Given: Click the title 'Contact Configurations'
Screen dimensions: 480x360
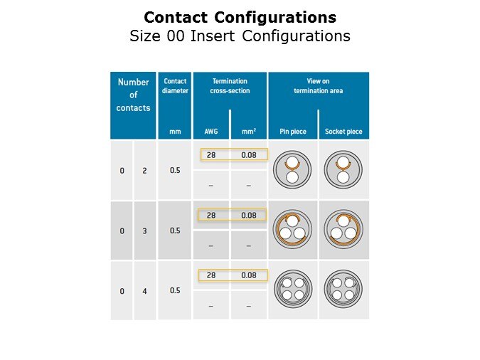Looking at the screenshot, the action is coord(240,17).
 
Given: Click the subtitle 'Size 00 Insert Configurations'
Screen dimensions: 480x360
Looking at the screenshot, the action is coord(240,36).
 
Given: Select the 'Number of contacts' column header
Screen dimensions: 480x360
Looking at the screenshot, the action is coord(133,95).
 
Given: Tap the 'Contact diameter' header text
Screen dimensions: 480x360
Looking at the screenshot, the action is coord(175,86).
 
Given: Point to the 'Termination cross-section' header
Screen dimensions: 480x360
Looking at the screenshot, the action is coord(230,86).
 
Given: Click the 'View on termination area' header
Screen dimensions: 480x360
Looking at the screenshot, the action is coord(319,86).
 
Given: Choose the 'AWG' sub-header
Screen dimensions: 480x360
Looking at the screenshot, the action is coord(211,132).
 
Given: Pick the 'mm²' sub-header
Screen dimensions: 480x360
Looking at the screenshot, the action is coord(249,132).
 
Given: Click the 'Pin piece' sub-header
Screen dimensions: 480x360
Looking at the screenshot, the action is coord(293,132).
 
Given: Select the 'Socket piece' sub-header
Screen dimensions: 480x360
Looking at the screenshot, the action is coord(343,132).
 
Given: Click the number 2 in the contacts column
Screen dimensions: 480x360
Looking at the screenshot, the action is coord(144,171).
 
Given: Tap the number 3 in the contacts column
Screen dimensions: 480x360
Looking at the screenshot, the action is coord(144,231).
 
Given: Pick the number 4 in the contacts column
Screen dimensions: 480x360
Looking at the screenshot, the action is coord(144,291).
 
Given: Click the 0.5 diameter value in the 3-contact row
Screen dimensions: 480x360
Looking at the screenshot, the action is coord(175,231).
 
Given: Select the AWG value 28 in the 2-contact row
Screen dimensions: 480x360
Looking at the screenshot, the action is coord(211,155).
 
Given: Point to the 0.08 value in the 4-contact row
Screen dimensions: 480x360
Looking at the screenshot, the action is coord(249,275).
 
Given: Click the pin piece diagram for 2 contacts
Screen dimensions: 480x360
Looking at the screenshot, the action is coord(292,169).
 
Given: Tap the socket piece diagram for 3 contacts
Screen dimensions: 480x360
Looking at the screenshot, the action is coord(343,230).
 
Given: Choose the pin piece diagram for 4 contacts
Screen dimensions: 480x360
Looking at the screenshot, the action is coord(293,289).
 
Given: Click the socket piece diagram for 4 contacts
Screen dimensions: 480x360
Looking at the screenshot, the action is coord(343,289).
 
